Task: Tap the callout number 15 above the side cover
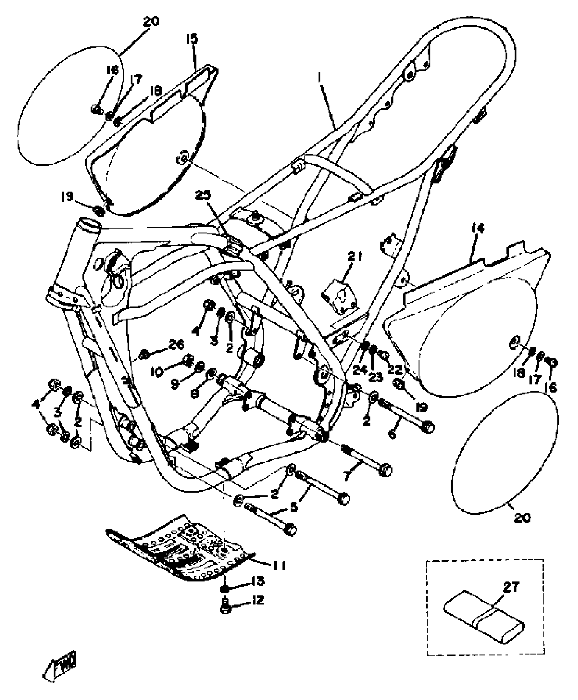pos(192,38)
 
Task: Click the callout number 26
pos(176,345)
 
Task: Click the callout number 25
pos(203,195)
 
